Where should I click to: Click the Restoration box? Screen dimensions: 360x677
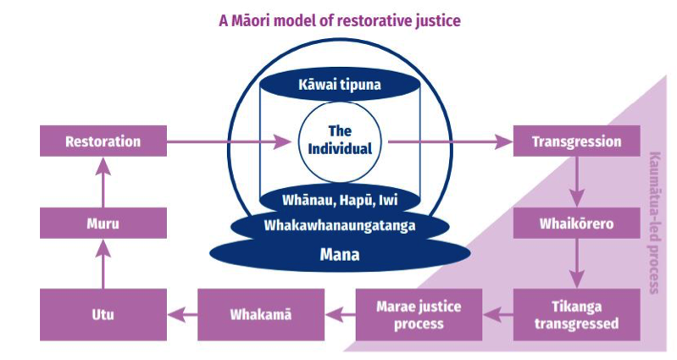tap(103, 141)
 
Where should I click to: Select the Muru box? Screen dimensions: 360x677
tap(103, 225)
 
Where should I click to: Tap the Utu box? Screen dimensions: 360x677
tap(103, 313)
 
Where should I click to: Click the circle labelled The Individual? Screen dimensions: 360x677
tap(339, 141)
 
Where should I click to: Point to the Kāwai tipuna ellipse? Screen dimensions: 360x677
tap(339, 86)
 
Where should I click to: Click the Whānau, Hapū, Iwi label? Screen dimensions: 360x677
tap(339, 202)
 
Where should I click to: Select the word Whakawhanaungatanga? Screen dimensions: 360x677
tap(339, 227)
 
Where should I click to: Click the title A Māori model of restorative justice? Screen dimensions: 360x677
tap(339, 19)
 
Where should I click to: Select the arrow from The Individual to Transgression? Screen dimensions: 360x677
tap(449, 141)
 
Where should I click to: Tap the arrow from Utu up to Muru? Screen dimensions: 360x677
tap(103, 267)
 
